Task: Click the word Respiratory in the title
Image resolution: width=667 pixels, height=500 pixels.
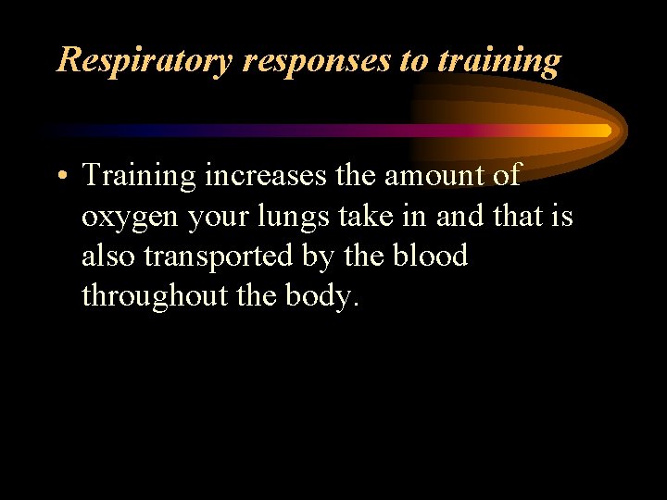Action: (145, 61)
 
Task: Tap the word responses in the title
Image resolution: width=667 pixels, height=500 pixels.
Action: (317, 61)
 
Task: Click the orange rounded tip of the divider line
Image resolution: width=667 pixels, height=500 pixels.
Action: (604, 131)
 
